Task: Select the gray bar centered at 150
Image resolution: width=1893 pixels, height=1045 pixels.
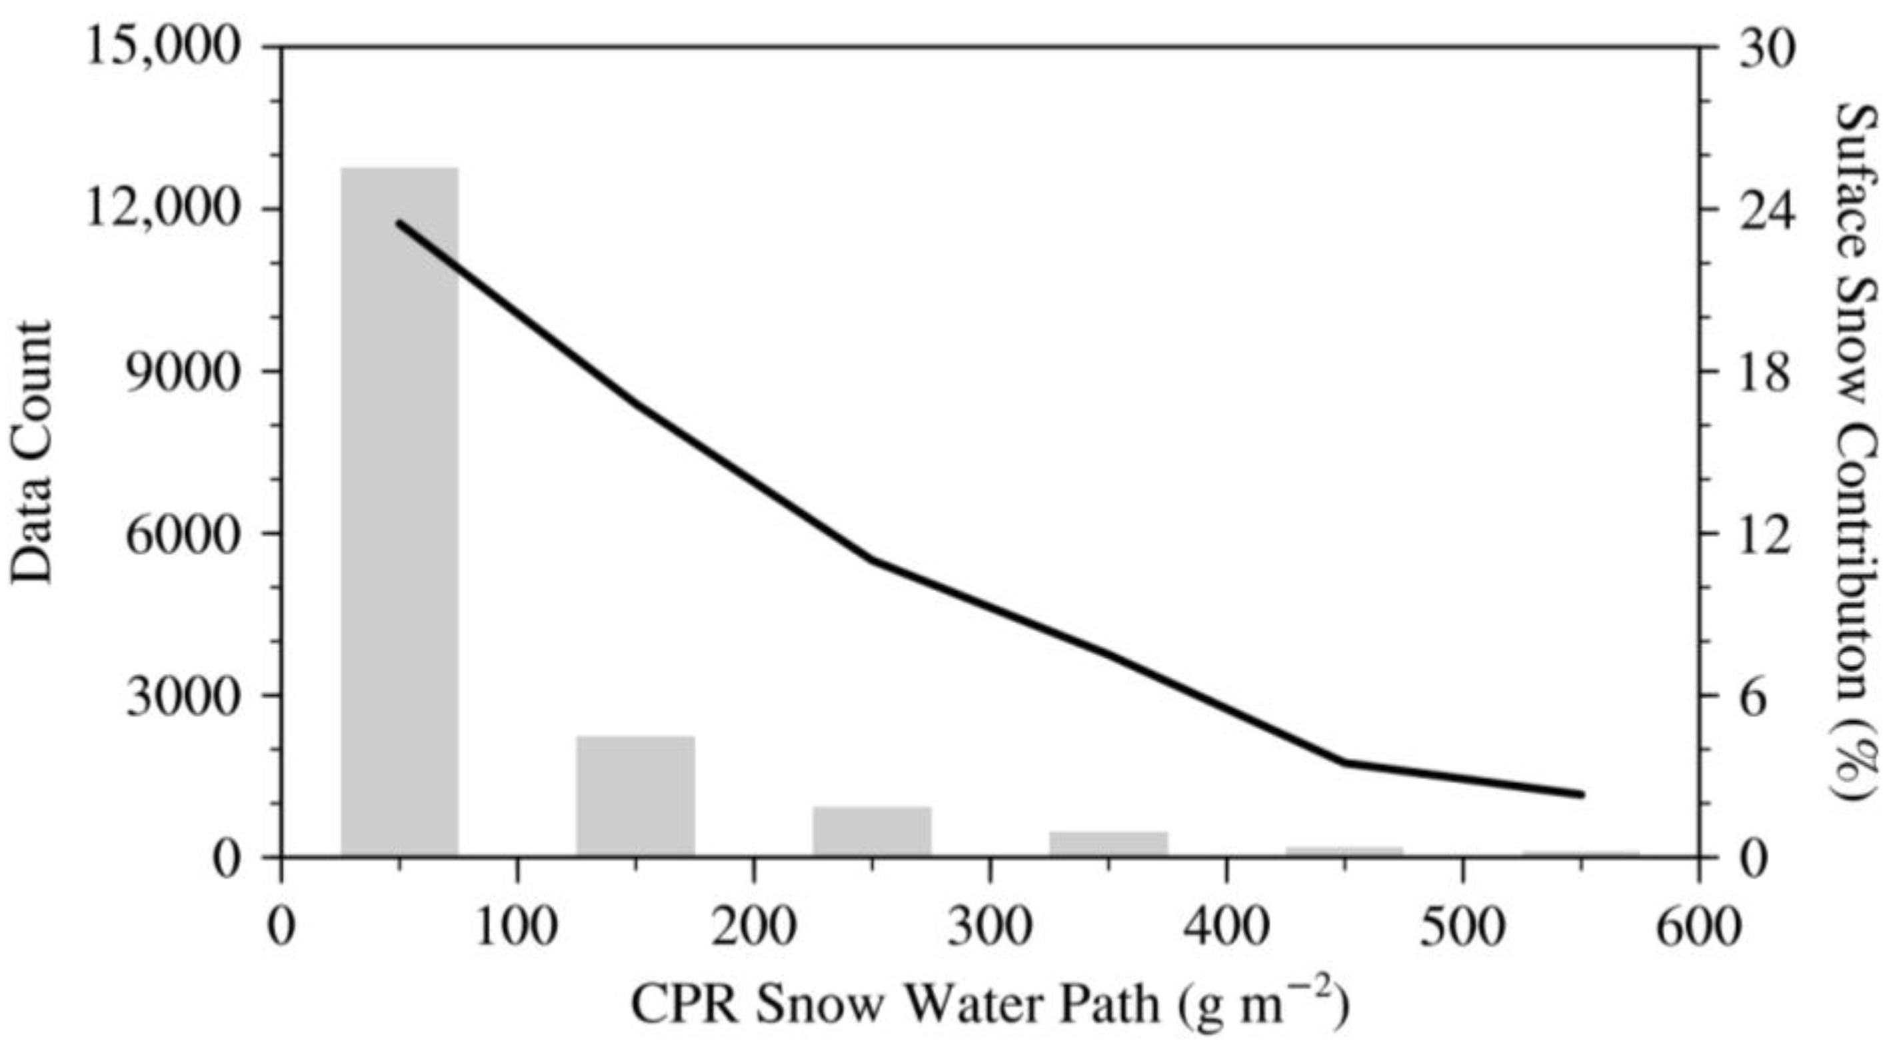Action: tap(636, 796)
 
